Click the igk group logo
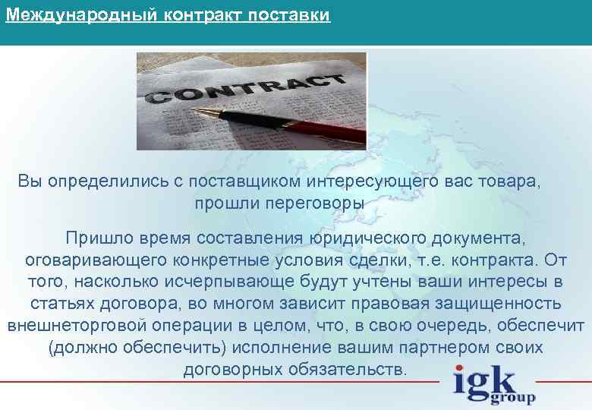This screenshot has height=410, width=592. click(x=493, y=385)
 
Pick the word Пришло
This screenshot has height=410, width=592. click(x=93, y=238)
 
